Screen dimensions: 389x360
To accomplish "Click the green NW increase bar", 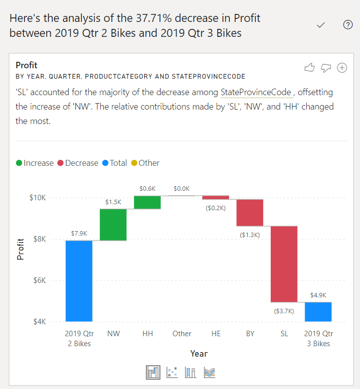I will (113, 224).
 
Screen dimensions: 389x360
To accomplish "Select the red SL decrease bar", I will (284, 264).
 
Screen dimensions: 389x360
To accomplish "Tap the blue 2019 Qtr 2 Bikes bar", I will (79, 281).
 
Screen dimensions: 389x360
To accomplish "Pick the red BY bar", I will (250, 213).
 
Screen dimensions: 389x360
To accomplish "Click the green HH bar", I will (148, 202).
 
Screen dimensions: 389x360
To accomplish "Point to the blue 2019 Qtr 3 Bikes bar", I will (318, 311).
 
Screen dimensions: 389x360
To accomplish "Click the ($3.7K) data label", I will (284, 311).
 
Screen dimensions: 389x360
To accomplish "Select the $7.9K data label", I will (79, 233).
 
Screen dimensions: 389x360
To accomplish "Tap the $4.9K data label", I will (318, 295).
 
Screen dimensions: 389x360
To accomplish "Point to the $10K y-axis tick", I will (37, 198).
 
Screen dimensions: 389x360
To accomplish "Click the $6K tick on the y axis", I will (39, 280).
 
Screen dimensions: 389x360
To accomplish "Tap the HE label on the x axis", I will (216, 334).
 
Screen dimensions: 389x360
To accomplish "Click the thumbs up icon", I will (309, 68).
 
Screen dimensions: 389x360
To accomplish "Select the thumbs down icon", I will (326, 68).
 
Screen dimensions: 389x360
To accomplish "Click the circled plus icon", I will (342, 68).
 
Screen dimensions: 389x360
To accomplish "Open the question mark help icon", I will (348, 25).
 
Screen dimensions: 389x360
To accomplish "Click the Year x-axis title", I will (198, 354).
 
